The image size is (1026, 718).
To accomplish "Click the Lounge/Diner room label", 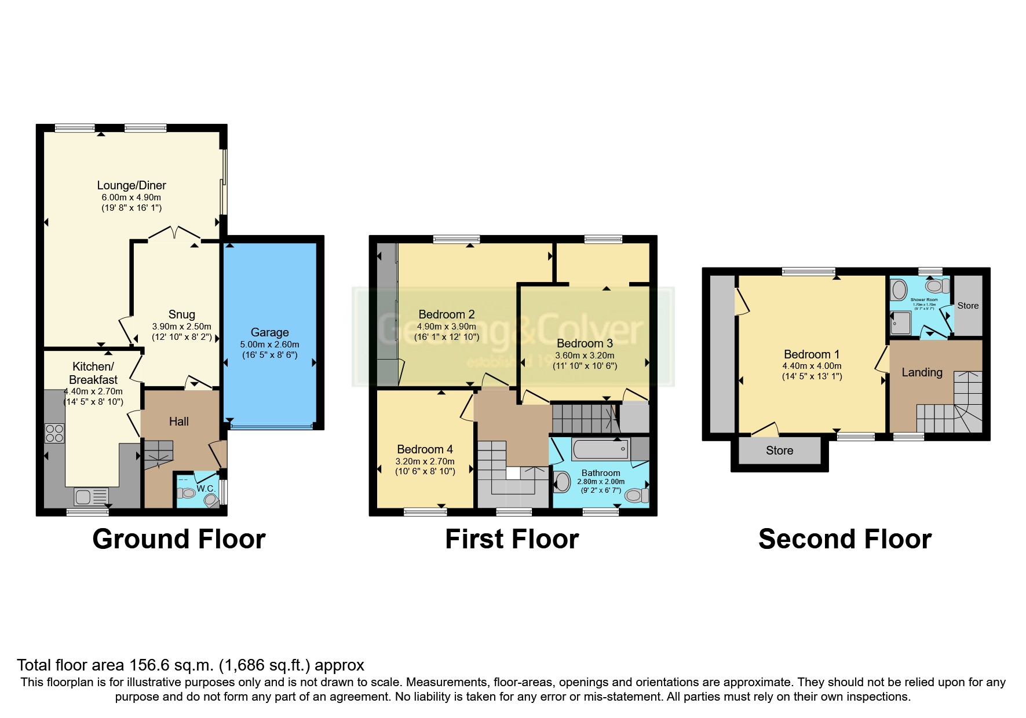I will pyautogui.click(x=132, y=185).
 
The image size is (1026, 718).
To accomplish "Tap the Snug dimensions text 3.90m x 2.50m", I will pyautogui.click(x=181, y=327).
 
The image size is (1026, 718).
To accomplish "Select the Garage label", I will pyautogui.click(x=269, y=332).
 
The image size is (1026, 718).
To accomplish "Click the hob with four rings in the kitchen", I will pyautogui.click(x=54, y=433).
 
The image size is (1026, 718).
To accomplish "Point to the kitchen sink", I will pyautogui.click(x=91, y=497).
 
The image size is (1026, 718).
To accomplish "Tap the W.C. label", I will pyautogui.click(x=206, y=489).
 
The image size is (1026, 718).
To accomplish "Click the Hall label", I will pyautogui.click(x=178, y=422).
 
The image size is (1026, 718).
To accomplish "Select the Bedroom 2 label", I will pyautogui.click(x=446, y=314).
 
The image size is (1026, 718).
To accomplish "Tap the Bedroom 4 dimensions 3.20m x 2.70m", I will pyautogui.click(x=425, y=461).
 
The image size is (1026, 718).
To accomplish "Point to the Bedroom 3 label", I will pyautogui.click(x=585, y=343).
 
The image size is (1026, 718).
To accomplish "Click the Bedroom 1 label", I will pyautogui.click(x=811, y=354).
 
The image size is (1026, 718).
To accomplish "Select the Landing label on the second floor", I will pyautogui.click(x=922, y=372).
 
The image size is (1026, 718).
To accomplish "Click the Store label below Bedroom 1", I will pyautogui.click(x=779, y=450).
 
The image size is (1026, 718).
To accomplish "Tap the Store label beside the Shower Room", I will pyautogui.click(x=967, y=306).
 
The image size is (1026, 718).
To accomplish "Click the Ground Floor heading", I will pyautogui.click(x=178, y=539).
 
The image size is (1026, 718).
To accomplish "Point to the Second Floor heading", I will pyautogui.click(x=844, y=539).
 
